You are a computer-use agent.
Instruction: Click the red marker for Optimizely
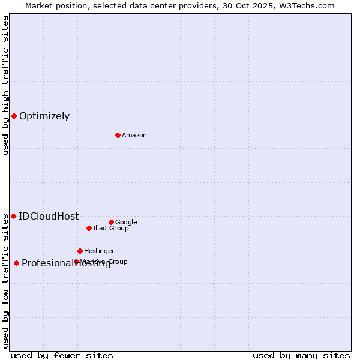pyautogui.click(x=14, y=116)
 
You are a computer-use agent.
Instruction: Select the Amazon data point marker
pyautogui.click(x=118, y=135)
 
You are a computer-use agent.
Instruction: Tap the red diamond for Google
pyautogui.click(x=111, y=222)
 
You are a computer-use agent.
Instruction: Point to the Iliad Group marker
pyautogui.click(x=89, y=228)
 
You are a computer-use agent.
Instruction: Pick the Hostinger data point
pyautogui.click(x=80, y=251)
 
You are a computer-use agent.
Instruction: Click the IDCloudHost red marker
pyautogui.click(x=13, y=216)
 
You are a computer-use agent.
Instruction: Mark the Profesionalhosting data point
pyautogui.click(x=16, y=263)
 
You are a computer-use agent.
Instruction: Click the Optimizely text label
pyautogui.click(x=44, y=116)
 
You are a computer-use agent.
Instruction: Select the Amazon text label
pyautogui.click(x=134, y=136)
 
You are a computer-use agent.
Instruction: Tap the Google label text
pyautogui.click(x=126, y=223)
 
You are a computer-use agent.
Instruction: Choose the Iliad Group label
pyautogui.click(x=111, y=229)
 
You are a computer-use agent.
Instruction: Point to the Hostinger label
pyautogui.click(x=99, y=251)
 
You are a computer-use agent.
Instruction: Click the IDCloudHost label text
pyautogui.click(x=49, y=217)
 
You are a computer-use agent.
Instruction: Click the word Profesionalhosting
pyautogui.click(x=66, y=263)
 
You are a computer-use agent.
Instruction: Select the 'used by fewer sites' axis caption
pyautogui.click(x=62, y=356)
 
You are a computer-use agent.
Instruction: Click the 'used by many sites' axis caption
pyautogui.click(x=301, y=356)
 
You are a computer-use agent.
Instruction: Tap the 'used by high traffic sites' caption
pyautogui.click(x=5, y=85)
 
